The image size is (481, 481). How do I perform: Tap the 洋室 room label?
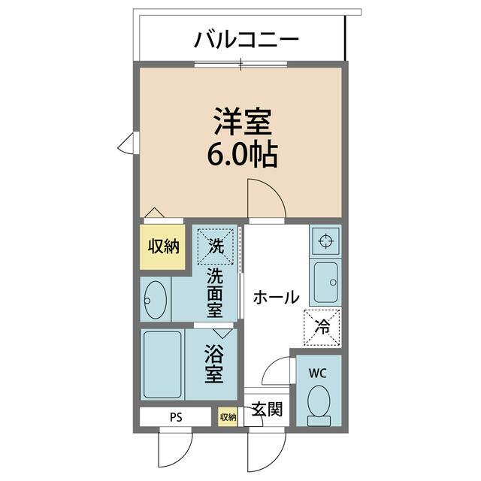[241, 123]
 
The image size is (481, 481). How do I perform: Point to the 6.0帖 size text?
[241, 156]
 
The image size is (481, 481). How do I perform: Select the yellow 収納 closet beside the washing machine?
[162, 247]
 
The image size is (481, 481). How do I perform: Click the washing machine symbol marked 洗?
[216, 244]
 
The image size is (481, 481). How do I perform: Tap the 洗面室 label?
[216, 292]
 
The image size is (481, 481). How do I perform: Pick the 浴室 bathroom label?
[215, 364]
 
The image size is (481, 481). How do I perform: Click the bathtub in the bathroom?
[163, 364]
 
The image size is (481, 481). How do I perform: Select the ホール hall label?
[276, 297]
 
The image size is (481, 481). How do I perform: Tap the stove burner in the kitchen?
[325, 241]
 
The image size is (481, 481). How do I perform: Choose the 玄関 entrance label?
[267, 410]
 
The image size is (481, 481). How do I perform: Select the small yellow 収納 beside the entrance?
[228, 417]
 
